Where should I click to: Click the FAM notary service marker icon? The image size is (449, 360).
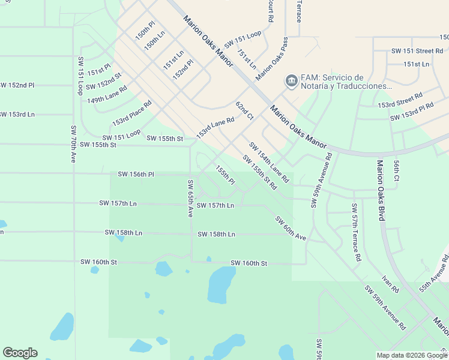(x=291, y=80)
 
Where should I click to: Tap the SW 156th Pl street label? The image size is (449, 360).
(x=136, y=175)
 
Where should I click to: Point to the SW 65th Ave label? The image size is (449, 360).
(x=190, y=199)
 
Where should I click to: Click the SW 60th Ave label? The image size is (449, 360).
(x=291, y=229)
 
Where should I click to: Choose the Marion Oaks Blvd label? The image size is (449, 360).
(x=380, y=190)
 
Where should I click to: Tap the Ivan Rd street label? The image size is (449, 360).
(x=390, y=284)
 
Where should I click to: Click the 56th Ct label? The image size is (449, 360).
(x=396, y=170)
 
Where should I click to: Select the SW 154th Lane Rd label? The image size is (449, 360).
(x=269, y=162)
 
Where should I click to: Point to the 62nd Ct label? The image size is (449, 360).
(x=244, y=111)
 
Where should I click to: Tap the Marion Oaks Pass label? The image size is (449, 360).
(x=271, y=59)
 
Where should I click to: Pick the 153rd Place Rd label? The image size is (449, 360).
(x=131, y=113)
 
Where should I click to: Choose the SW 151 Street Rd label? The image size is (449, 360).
(x=417, y=51)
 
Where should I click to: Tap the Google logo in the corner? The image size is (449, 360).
(x=20, y=353)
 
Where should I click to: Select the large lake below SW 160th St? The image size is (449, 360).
(x=221, y=284)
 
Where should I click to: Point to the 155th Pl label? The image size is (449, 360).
(x=225, y=176)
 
